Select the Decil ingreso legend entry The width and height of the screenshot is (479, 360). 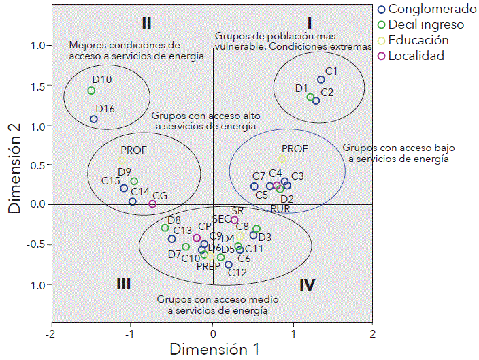[421, 25]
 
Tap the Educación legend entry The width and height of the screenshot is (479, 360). [423, 40]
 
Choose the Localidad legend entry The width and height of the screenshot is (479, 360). [416, 56]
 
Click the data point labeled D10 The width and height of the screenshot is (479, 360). [91, 91]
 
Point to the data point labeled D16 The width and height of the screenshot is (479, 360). [94, 119]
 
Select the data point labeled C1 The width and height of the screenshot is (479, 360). [321, 80]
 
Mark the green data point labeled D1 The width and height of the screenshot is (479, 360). [310, 97]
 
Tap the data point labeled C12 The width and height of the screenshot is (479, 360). [229, 265]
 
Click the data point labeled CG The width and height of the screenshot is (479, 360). [152, 203]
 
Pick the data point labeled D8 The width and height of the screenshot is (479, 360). [165, 228]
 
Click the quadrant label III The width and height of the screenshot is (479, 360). [123, 284]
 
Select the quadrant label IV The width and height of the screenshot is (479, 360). [307, 284]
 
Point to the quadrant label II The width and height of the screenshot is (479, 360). [146, 22]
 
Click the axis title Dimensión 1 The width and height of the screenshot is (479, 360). [214, 350]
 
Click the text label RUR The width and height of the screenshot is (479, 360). [280, 208]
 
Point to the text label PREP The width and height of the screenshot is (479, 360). [208, 266]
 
